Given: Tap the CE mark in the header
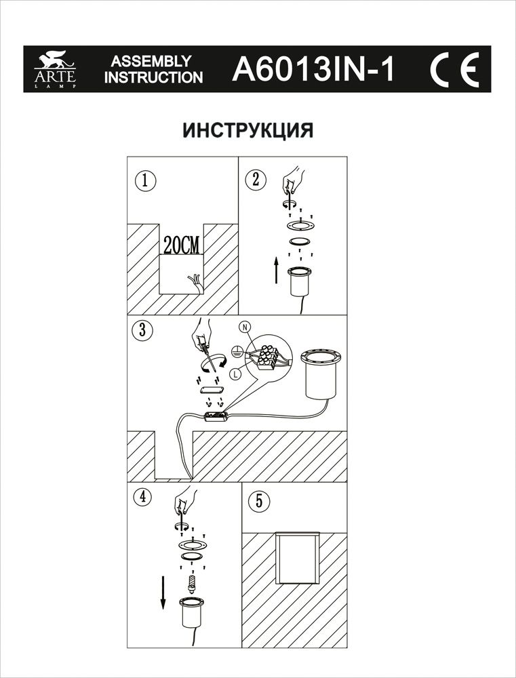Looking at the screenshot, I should (x=454, y=69).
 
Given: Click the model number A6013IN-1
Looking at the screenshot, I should (x=312, y=69).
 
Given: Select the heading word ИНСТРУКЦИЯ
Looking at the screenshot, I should (x=248, y=130).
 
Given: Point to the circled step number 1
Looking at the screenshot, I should (x=144, y=181).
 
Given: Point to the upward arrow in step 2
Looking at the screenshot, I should (x=275, y=271).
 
